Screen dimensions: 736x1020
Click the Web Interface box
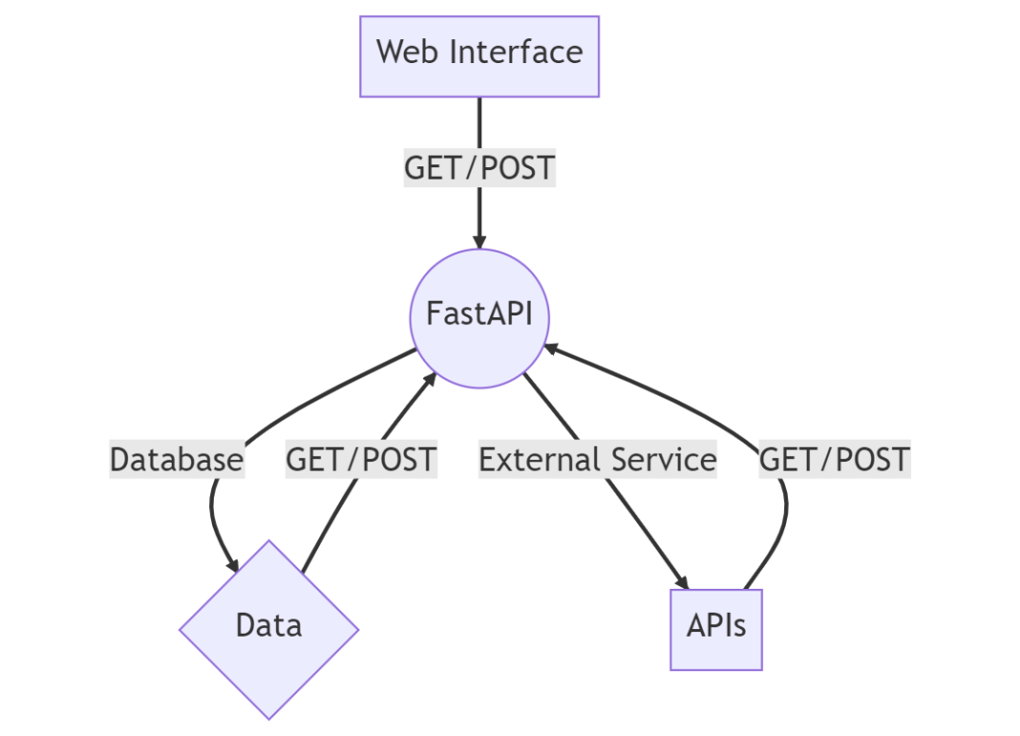478,55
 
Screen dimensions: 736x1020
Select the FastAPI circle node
478,317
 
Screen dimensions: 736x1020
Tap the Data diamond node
268,628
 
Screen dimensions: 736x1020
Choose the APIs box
716,629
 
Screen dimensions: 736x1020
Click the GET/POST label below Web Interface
478,168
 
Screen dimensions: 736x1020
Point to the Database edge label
177,460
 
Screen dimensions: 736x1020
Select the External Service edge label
597,460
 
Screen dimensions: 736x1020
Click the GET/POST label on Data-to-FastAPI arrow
361,460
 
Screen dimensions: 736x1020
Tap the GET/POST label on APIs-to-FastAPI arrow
834,460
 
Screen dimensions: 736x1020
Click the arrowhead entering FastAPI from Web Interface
478,241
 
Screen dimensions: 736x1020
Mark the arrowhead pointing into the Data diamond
230,565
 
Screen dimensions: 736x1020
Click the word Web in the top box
409,52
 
